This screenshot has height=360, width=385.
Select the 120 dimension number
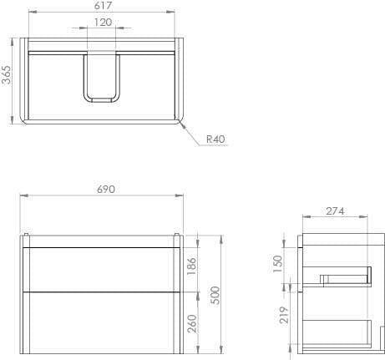tap(104, 23)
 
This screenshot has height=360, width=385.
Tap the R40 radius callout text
tap(215, 139)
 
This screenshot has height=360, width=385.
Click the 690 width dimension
tap(105, 190)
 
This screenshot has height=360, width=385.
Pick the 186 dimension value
tap(192, 266)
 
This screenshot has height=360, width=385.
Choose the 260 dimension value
tap(192, 322)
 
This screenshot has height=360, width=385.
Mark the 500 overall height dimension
tap(215, 294)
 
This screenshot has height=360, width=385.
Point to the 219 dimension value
tap(284, 315)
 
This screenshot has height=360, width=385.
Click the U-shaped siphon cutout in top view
tap(102, 80)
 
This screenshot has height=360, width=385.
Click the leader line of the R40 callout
tap(193, 134)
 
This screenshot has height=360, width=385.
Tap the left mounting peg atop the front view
tap(28, 234)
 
